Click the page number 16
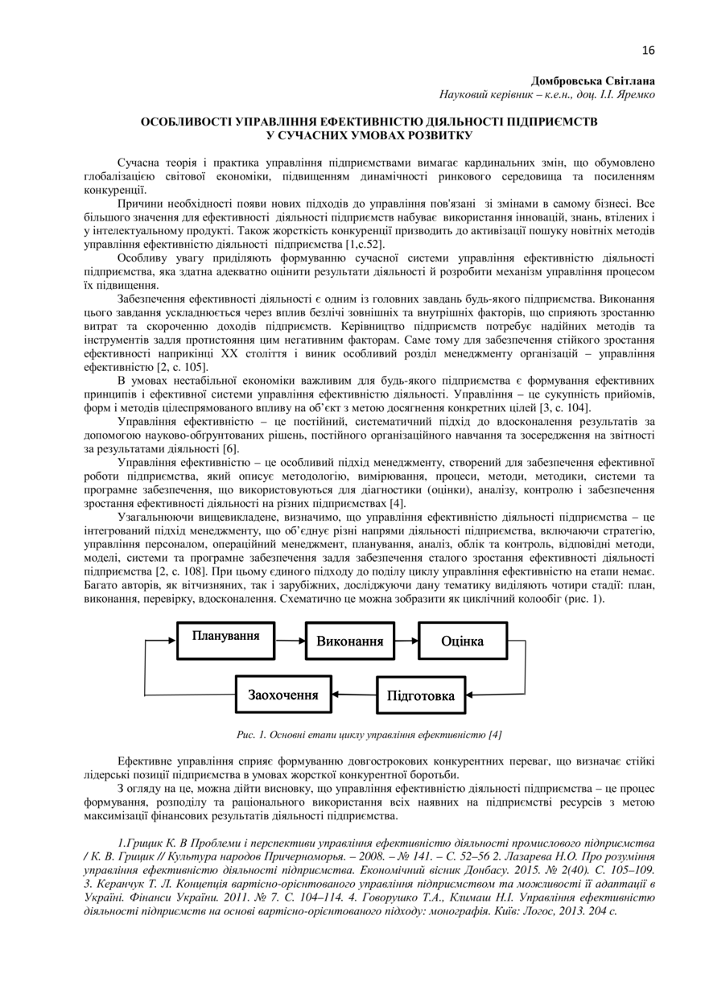[x=649, y=51]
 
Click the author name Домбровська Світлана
[x=592, y=81]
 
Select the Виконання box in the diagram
[x=349, y=641]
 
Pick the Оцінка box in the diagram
[x=462, y=641]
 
